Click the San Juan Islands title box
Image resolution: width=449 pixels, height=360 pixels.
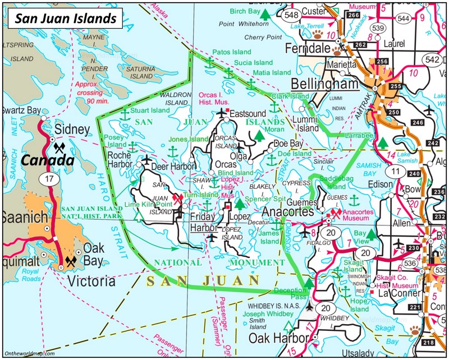click(x=65, y=18)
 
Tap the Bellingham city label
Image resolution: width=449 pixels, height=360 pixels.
click(x=325, y=84)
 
